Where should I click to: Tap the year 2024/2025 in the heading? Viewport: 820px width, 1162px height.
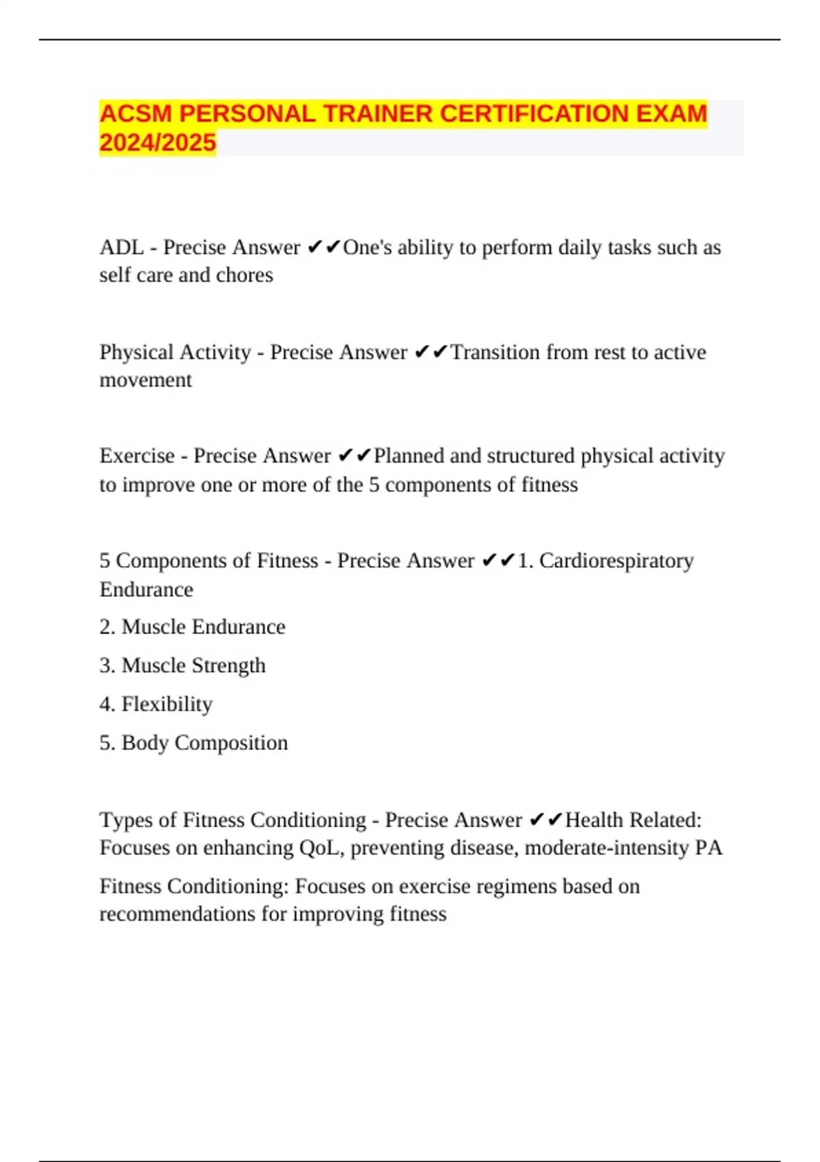pyautogui.click(x=158, y=143)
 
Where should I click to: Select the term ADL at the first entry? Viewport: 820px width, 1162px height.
pyautogui.click(x=121, y=247)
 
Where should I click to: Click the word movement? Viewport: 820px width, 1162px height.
pyautogui.click(x=146, y=380)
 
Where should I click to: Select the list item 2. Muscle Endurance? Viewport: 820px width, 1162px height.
pyautogui.click(x=192, y=627)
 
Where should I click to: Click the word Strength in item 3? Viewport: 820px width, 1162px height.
pyautogui.click(x=229, y=665)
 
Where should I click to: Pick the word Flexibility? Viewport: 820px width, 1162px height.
pyautogui.click(x=167, y=704)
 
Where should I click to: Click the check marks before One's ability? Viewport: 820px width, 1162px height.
pyautogui.click(x=323, y=247)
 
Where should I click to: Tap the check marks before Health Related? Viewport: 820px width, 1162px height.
pyautogui.click(x=545, y=820)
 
